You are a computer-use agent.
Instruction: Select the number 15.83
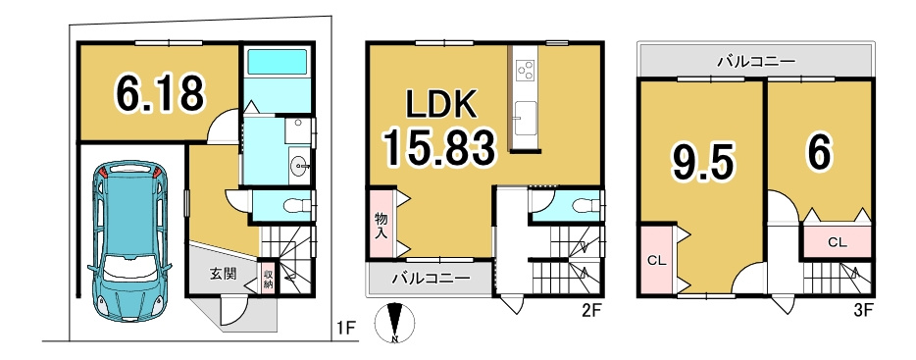(x=437, y=149)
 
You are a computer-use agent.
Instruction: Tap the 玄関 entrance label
(x=222, y=274)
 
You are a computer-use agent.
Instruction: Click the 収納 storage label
(x=268, y=275)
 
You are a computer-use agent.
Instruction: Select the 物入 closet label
(x=381, y=227)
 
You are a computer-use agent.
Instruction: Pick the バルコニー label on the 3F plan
(x=755, y=61)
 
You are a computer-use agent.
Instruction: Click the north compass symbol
(x=395, y=322)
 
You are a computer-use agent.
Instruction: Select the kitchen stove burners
(x=526, y=70)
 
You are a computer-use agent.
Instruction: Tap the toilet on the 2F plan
(x=583, y=205)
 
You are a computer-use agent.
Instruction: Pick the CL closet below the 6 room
(x=837, y=241)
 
